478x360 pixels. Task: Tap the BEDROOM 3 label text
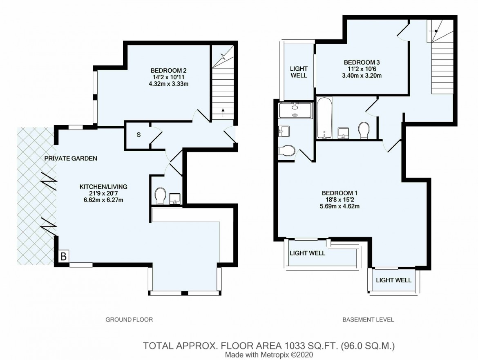(x=362, y=63)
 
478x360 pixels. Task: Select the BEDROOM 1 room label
(x=340, y=193)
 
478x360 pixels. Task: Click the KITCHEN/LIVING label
(x=103, y=187)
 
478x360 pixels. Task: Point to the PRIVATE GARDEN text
(x=71, y=159)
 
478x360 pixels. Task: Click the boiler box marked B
(x=63, y=256)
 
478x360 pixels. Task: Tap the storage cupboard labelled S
(x=139, y=135)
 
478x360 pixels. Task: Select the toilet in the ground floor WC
(x=160, y=196)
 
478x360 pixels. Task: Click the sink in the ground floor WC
(x=175, y=199)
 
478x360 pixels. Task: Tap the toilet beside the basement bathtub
(x=364, y=130)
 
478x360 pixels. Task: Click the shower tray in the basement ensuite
(x=295, y=110)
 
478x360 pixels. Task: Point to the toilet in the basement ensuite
(x=287, y=151)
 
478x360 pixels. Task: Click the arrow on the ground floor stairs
(x=223, y=113)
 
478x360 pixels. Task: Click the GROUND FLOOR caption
(x=129, y=320)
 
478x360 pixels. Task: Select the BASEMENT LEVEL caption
(x=368, y=320)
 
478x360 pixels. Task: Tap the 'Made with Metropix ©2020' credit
(x=269, y=355)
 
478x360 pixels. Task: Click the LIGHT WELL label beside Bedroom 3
(x=299, y=72)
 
